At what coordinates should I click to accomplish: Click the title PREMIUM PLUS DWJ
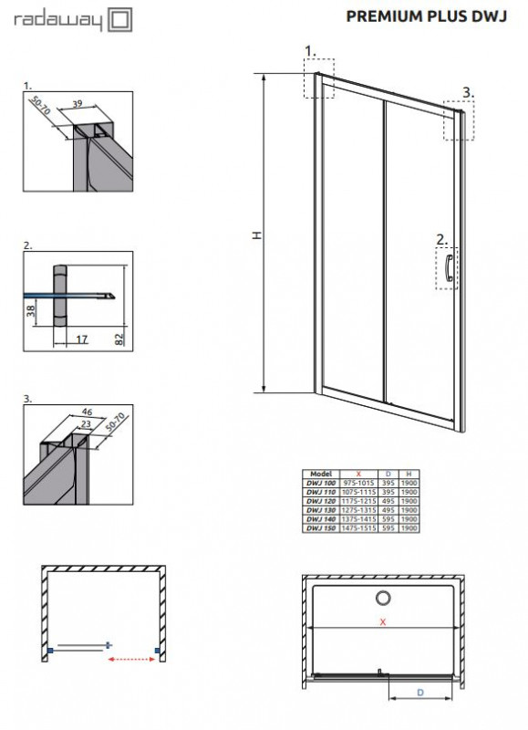tap(422, 16)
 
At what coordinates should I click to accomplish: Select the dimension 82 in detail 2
tap(120, 338)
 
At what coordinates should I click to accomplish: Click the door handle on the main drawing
tap(449, 269)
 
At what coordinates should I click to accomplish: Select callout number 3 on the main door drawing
tap(466, 91)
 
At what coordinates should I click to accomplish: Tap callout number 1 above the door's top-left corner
tap(309, 49)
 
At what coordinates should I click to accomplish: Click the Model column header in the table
tap(320, 474)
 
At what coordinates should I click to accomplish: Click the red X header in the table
tap(359, 474)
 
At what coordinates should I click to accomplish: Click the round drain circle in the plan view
tap(381, 598)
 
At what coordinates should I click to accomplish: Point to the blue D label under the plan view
tap(420, 693)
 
